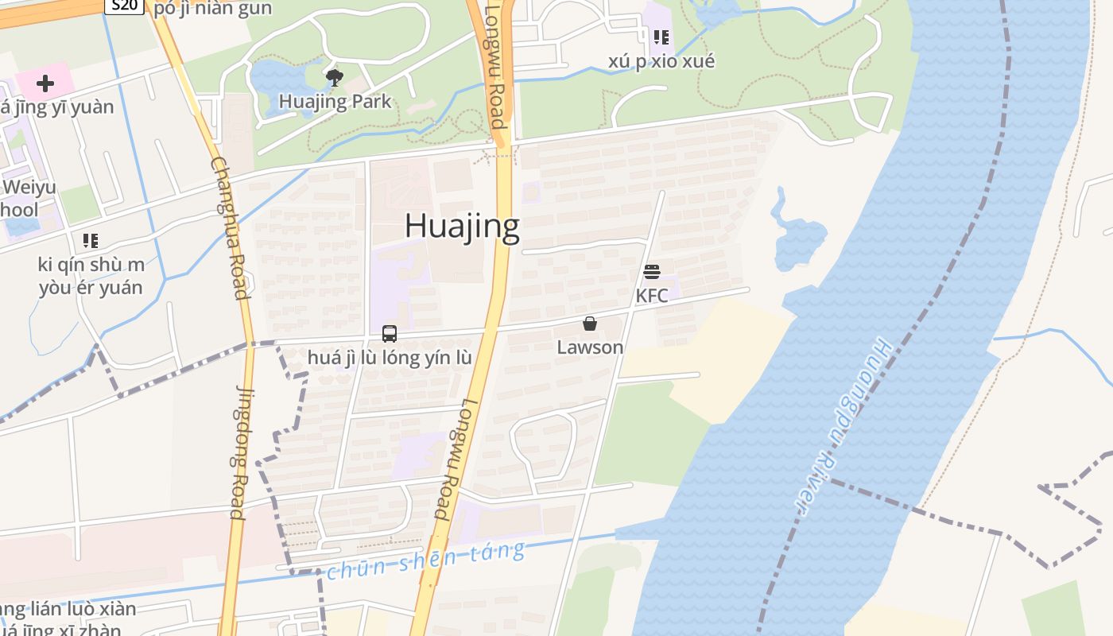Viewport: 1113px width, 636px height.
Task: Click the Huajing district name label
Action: pos(462,226)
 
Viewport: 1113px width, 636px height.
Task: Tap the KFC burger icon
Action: pos(652,272)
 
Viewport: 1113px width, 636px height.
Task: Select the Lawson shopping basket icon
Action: pos(590,324)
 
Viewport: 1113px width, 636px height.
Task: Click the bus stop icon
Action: pos(390,334)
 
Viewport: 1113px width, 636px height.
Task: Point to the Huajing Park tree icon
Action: pos(335,77)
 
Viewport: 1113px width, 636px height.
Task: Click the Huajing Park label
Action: pos(335,102)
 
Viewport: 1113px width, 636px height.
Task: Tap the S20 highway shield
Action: pos(123,6)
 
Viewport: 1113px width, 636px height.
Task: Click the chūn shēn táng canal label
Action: pos(426,560)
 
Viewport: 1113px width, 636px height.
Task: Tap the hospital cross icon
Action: pos(45,83)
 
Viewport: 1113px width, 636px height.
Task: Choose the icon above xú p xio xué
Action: pos(661,37)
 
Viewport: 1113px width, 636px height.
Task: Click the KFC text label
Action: pos(652,296)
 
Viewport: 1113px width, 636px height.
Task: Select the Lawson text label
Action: pos(590,347)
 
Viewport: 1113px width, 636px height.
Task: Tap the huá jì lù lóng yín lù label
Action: pos(390,358)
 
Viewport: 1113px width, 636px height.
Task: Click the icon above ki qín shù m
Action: pos(91,240)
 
